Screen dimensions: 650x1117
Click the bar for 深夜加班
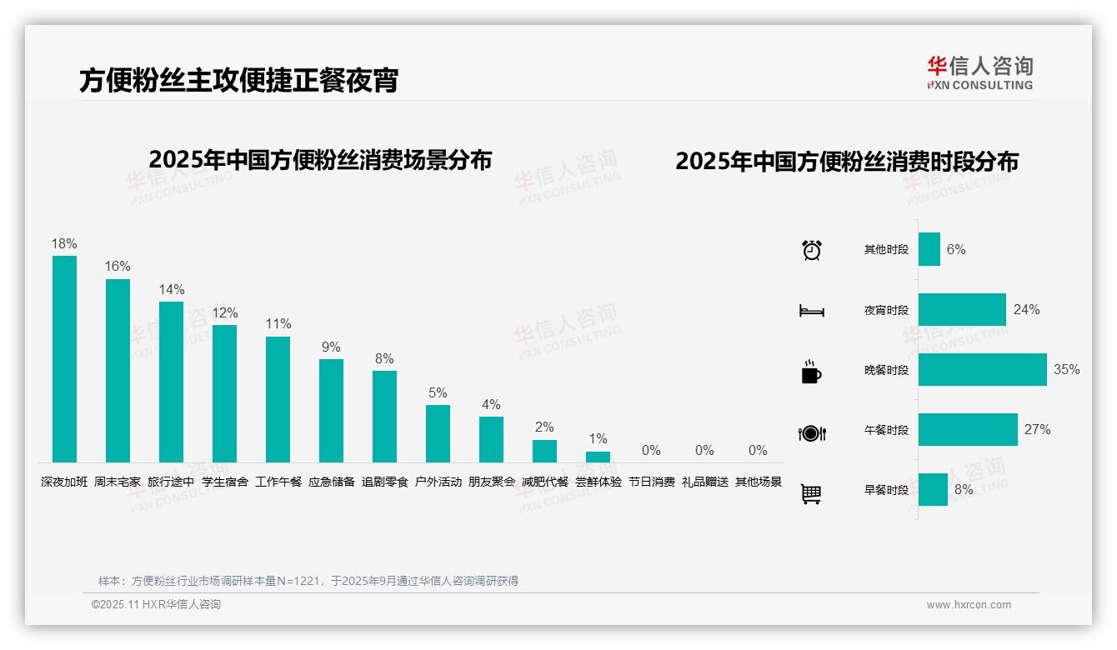64,359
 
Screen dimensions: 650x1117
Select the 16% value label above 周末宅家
118,267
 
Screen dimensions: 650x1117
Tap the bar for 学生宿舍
224,393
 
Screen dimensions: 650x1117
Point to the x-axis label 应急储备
331,482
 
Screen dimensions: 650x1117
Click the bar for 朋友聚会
491,439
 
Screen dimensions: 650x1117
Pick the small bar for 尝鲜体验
598,457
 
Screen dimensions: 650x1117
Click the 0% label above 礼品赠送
704,451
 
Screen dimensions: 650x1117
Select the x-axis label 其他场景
758,482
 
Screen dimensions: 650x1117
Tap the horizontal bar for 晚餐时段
982,370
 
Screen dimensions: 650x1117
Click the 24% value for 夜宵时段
1026,310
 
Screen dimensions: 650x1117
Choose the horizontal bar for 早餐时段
933,490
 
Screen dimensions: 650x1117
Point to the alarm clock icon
812,250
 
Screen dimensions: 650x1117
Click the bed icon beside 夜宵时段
812,311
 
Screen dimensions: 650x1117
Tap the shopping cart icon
811,494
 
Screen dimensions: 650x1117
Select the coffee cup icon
811,372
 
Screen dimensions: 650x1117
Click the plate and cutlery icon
812,433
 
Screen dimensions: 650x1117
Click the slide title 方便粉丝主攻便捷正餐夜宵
238,80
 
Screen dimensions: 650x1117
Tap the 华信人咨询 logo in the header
979,72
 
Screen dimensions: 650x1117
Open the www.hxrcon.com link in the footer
969,605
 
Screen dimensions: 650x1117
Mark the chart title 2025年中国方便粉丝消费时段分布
847,162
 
